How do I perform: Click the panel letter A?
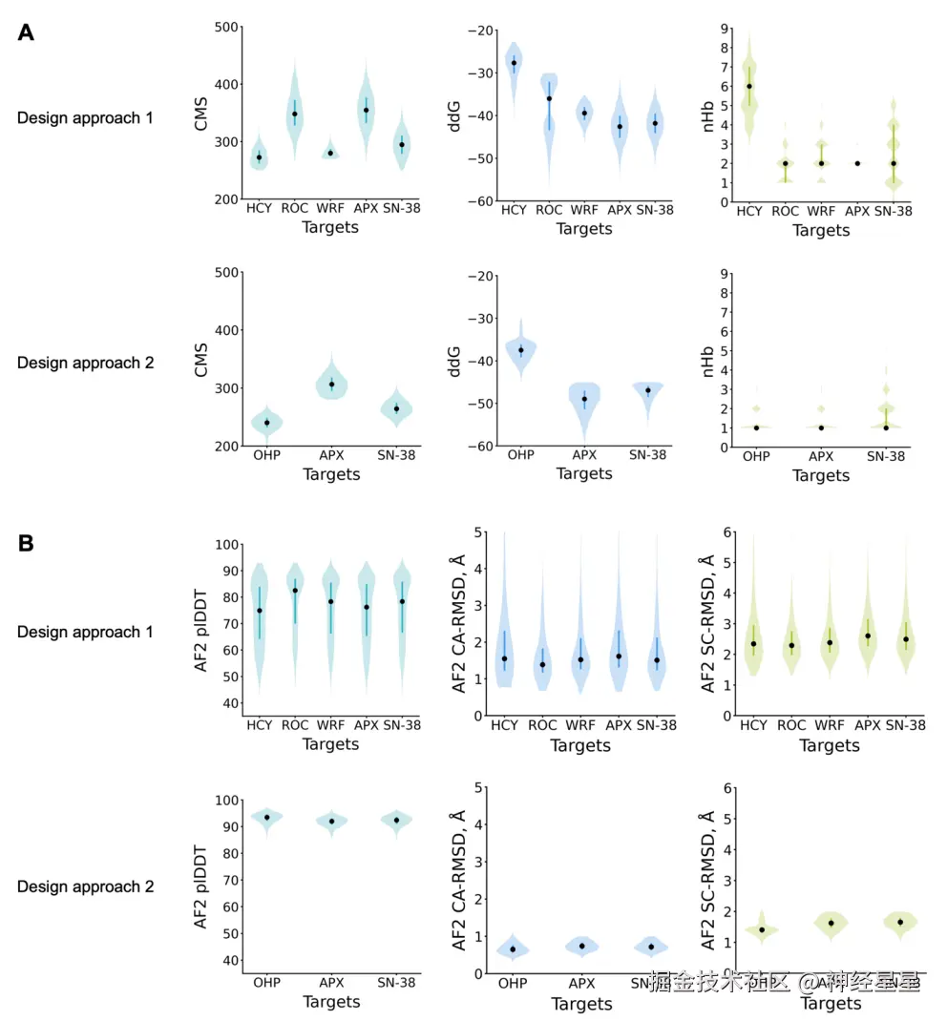(27, 32)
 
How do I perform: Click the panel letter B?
(27, 543)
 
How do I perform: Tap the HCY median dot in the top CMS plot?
(259, 157)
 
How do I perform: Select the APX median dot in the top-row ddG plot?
(620, 126)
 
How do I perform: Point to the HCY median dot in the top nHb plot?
(749, 86)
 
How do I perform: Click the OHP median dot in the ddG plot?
(521, 350)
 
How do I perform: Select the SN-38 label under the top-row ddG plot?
(655, 210)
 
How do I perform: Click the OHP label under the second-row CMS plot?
(267, 455)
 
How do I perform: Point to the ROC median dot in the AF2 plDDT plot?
(295, 591)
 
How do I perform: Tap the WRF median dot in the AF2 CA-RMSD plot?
(580, 659)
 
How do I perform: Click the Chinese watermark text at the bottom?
(783, 982)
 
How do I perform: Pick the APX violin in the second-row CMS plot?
(331, 383)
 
